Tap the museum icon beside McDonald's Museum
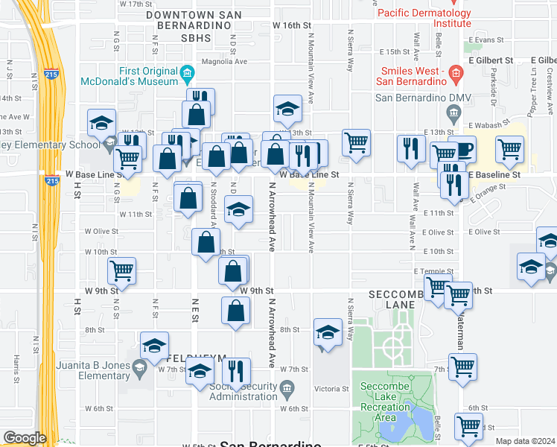pyautogui.click(x=186, y=73)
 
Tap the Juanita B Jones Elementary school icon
pyautogui.click(x=139, y=368)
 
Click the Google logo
pyautogui.click(x=25, y=437)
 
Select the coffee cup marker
pyautogui.click(x=462, y=149)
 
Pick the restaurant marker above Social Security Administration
pyautogui.click(x=236, y=372)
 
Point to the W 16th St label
pyautogui.click(x=290, y=25)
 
